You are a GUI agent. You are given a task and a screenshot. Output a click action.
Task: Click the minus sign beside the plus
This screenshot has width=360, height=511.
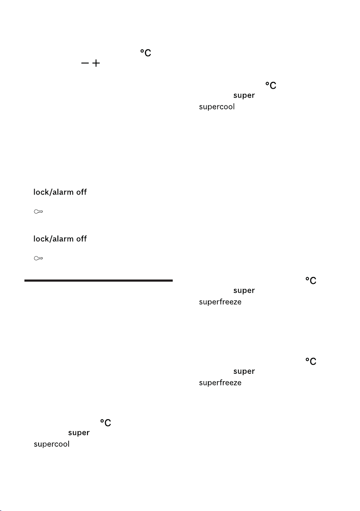pyautogui.click(x=85, y=63)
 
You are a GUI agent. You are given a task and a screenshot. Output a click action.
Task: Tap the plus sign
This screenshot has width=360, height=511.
pyautogui.click(x=96, y=63)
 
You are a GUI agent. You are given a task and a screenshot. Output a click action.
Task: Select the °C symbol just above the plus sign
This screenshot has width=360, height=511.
pyautogui.click(x=146, y=53)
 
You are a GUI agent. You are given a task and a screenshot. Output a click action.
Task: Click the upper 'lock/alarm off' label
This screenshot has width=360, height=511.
pyautogui.click(x=60, y=192)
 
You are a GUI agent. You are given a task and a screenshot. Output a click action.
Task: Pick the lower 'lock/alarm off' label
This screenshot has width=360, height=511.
pyautogui.click(x=60, y=238)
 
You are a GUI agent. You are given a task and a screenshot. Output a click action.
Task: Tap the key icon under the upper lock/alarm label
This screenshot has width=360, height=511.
pyautogui.click(x=39, y=211)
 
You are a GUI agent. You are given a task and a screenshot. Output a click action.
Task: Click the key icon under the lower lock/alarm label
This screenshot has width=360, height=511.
pyautogui.click(x=39, y=259)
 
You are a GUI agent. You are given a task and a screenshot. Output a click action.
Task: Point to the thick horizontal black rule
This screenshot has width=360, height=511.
pyautogui.click(x=99, y=280)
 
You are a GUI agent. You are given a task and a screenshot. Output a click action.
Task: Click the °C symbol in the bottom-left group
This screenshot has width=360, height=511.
pyautogui.click(x=105, y=423)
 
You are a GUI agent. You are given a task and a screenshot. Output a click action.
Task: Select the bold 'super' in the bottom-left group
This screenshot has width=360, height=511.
pyautogui.click(x=79, y=433)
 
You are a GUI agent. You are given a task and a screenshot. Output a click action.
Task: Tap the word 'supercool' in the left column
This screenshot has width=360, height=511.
pyautogui.click(x=51, y=444)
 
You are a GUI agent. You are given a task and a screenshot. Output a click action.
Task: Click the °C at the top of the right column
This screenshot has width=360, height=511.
pyautogui.click(x=271, y=85)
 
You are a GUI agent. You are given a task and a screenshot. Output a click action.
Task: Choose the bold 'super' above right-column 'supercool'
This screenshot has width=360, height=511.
pyautogui.click(x=244, y=96)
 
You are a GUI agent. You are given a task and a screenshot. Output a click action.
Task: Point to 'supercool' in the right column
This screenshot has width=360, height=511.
pyautogui.click(x=217, y=107)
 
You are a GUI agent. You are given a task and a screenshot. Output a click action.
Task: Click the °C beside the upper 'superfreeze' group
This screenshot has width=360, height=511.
pyautogui.click(x=311, y=281)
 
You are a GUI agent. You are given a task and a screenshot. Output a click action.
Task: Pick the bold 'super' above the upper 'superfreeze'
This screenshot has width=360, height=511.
pyautogui.click(x=244, y=291)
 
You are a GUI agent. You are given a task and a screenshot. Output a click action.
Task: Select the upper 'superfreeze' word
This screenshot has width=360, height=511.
pyautogui.click(x=220, y=302)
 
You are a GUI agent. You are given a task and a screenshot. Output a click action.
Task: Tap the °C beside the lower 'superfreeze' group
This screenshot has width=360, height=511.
pyautogui.click(x=311, y=361)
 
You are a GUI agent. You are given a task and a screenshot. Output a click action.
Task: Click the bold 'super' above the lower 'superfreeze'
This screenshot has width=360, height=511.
pyautogui.click(x=244, y=372)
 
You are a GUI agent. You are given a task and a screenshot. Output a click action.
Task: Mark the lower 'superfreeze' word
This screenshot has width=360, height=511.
pyautogui.click(x=220, y=382)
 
